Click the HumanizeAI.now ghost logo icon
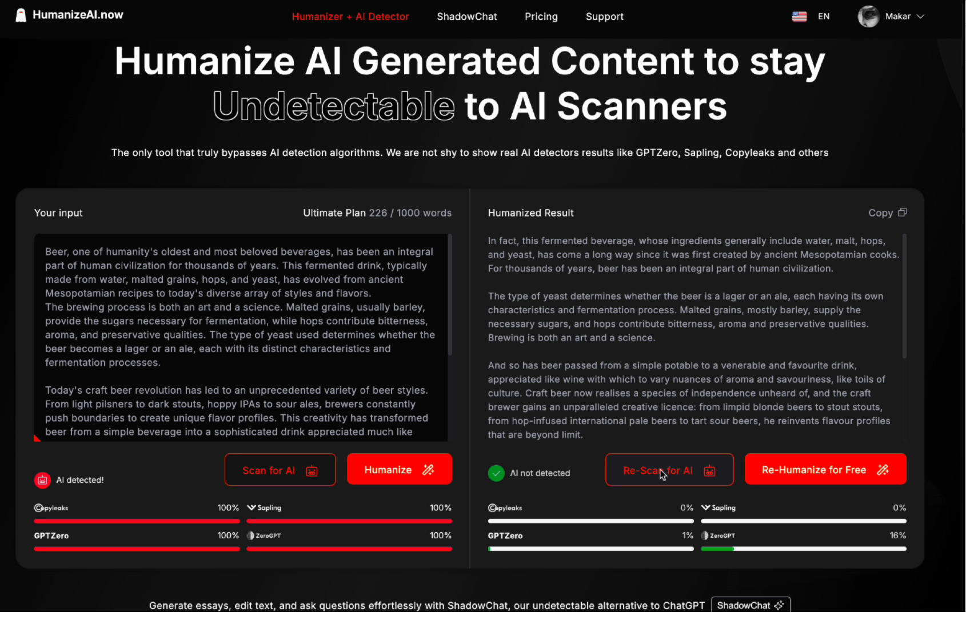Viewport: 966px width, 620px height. (x=21, y=15)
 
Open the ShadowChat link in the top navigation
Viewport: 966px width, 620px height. (x=466, y=17)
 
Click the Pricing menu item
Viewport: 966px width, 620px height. (x=541, y=17)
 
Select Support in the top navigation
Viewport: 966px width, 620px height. (x=604, y=17)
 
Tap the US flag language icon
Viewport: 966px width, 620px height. (x=799, y=17)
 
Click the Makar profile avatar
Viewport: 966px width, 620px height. (x=868, y=17)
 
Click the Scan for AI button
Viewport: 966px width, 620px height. (x=280, y=470)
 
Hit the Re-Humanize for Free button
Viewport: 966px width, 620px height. (x=825, y=469)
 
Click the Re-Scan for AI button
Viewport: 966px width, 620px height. (x=669, y=470)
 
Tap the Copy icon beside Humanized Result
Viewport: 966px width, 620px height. (x=902, y=212)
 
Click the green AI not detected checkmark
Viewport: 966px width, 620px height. (x=496, y=473)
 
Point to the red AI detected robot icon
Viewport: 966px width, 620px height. (x=42, y=480)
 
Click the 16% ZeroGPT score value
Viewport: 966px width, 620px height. (x=897, y=535)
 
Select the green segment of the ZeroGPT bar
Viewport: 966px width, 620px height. (x=717, y=549)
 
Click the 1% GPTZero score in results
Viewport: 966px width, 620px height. (x=688, y=535)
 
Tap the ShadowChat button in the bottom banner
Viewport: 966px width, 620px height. (x=751, y=605)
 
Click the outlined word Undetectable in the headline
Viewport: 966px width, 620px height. (x=334, y=106)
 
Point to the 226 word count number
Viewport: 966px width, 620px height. (x=378, y=213)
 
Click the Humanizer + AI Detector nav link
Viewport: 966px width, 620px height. (x=350, y=17)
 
